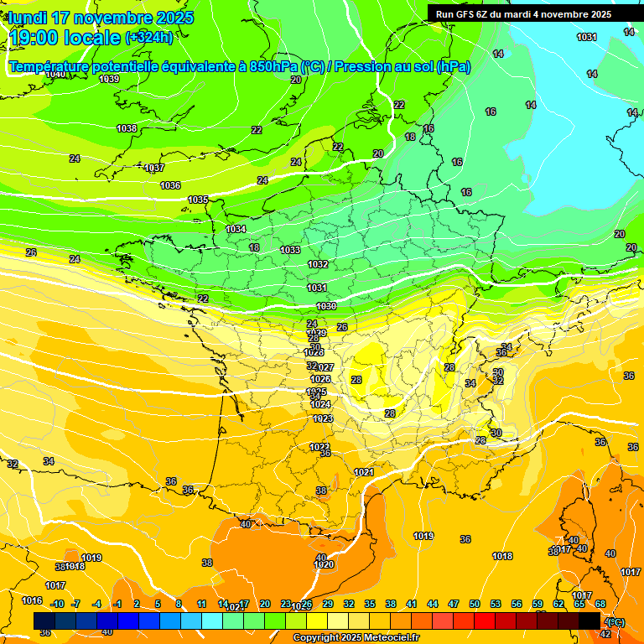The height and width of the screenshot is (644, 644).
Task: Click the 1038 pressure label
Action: coord(127,128)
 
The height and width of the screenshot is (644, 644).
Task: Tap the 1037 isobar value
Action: coord(154,169)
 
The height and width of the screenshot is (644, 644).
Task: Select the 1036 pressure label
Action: coord(170,185)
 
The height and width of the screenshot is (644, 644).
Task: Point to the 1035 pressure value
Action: coord(199,200)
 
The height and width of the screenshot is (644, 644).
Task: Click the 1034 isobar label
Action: coord(236,229)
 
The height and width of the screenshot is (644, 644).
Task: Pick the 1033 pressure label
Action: coord(290,250)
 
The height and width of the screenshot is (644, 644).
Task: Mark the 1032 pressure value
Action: coord(318,264)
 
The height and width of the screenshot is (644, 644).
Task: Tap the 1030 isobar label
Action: coord(326,306)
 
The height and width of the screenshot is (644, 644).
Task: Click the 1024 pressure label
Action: coord(321,404)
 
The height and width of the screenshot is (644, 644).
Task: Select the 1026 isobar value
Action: coord(321,379)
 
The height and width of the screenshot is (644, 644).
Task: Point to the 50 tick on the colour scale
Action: coord(475,604)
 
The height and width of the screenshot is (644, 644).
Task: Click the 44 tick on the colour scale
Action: coord(433,604)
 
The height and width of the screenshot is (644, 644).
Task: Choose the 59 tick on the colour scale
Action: coord(538,604)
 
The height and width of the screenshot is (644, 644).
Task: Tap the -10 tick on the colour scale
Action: coord(57,604)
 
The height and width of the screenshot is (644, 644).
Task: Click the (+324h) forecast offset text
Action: coord(149,37)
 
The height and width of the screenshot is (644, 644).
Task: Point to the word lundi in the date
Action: coord(27,18)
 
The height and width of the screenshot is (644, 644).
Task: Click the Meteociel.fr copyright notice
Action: coord(357,638)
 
